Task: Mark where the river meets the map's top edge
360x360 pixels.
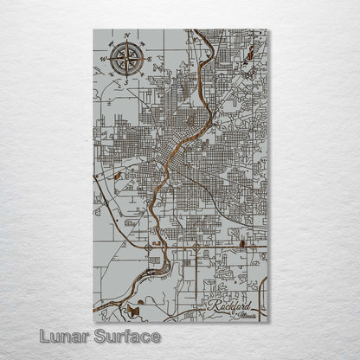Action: click(x=197, y=31)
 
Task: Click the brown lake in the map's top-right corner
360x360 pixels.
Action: click(x=249, y=55)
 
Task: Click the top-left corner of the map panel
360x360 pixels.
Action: click(x=93, y=30)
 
